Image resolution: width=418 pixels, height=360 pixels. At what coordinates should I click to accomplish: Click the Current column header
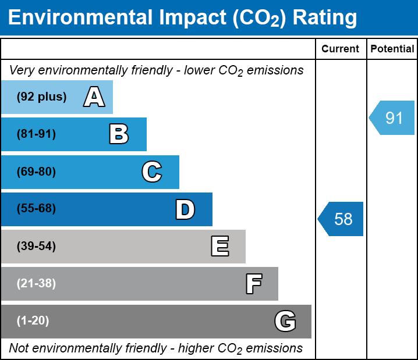point(340,49)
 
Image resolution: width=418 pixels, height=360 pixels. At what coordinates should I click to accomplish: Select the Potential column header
point(392,49)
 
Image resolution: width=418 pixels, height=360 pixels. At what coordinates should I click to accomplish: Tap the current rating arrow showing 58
point(341,219)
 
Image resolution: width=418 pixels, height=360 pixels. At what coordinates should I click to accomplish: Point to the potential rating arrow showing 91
point(392,117)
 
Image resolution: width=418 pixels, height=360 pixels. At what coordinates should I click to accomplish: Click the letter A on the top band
point(94,97)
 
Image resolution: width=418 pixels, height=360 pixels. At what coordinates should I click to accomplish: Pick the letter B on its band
point(119,134)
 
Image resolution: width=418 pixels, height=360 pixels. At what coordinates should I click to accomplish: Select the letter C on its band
point(152,172)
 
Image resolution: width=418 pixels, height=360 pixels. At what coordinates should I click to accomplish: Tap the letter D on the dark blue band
point(185,209)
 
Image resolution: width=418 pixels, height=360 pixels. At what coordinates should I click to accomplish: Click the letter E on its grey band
point(220,246)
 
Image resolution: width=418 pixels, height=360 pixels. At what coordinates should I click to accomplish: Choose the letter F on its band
point(254,284)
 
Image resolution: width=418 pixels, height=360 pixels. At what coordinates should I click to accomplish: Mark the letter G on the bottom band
point(285,321)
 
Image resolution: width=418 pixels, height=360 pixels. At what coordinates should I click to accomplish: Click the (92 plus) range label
point(41,97)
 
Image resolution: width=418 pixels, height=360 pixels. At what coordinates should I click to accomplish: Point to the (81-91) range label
point(36,134)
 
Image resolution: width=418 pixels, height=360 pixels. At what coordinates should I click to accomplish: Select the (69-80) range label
point(36,172)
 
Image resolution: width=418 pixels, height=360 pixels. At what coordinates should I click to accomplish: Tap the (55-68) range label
point(36,208)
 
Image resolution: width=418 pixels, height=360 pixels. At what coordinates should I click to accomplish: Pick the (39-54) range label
point(36,247)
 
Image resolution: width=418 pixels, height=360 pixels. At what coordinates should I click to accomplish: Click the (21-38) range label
point(36,284)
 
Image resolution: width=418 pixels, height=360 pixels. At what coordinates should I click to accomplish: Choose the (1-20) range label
point(33,321)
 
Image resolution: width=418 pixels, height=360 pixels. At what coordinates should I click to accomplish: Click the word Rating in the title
point(325,18)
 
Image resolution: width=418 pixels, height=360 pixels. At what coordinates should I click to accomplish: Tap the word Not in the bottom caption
point(19,348)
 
